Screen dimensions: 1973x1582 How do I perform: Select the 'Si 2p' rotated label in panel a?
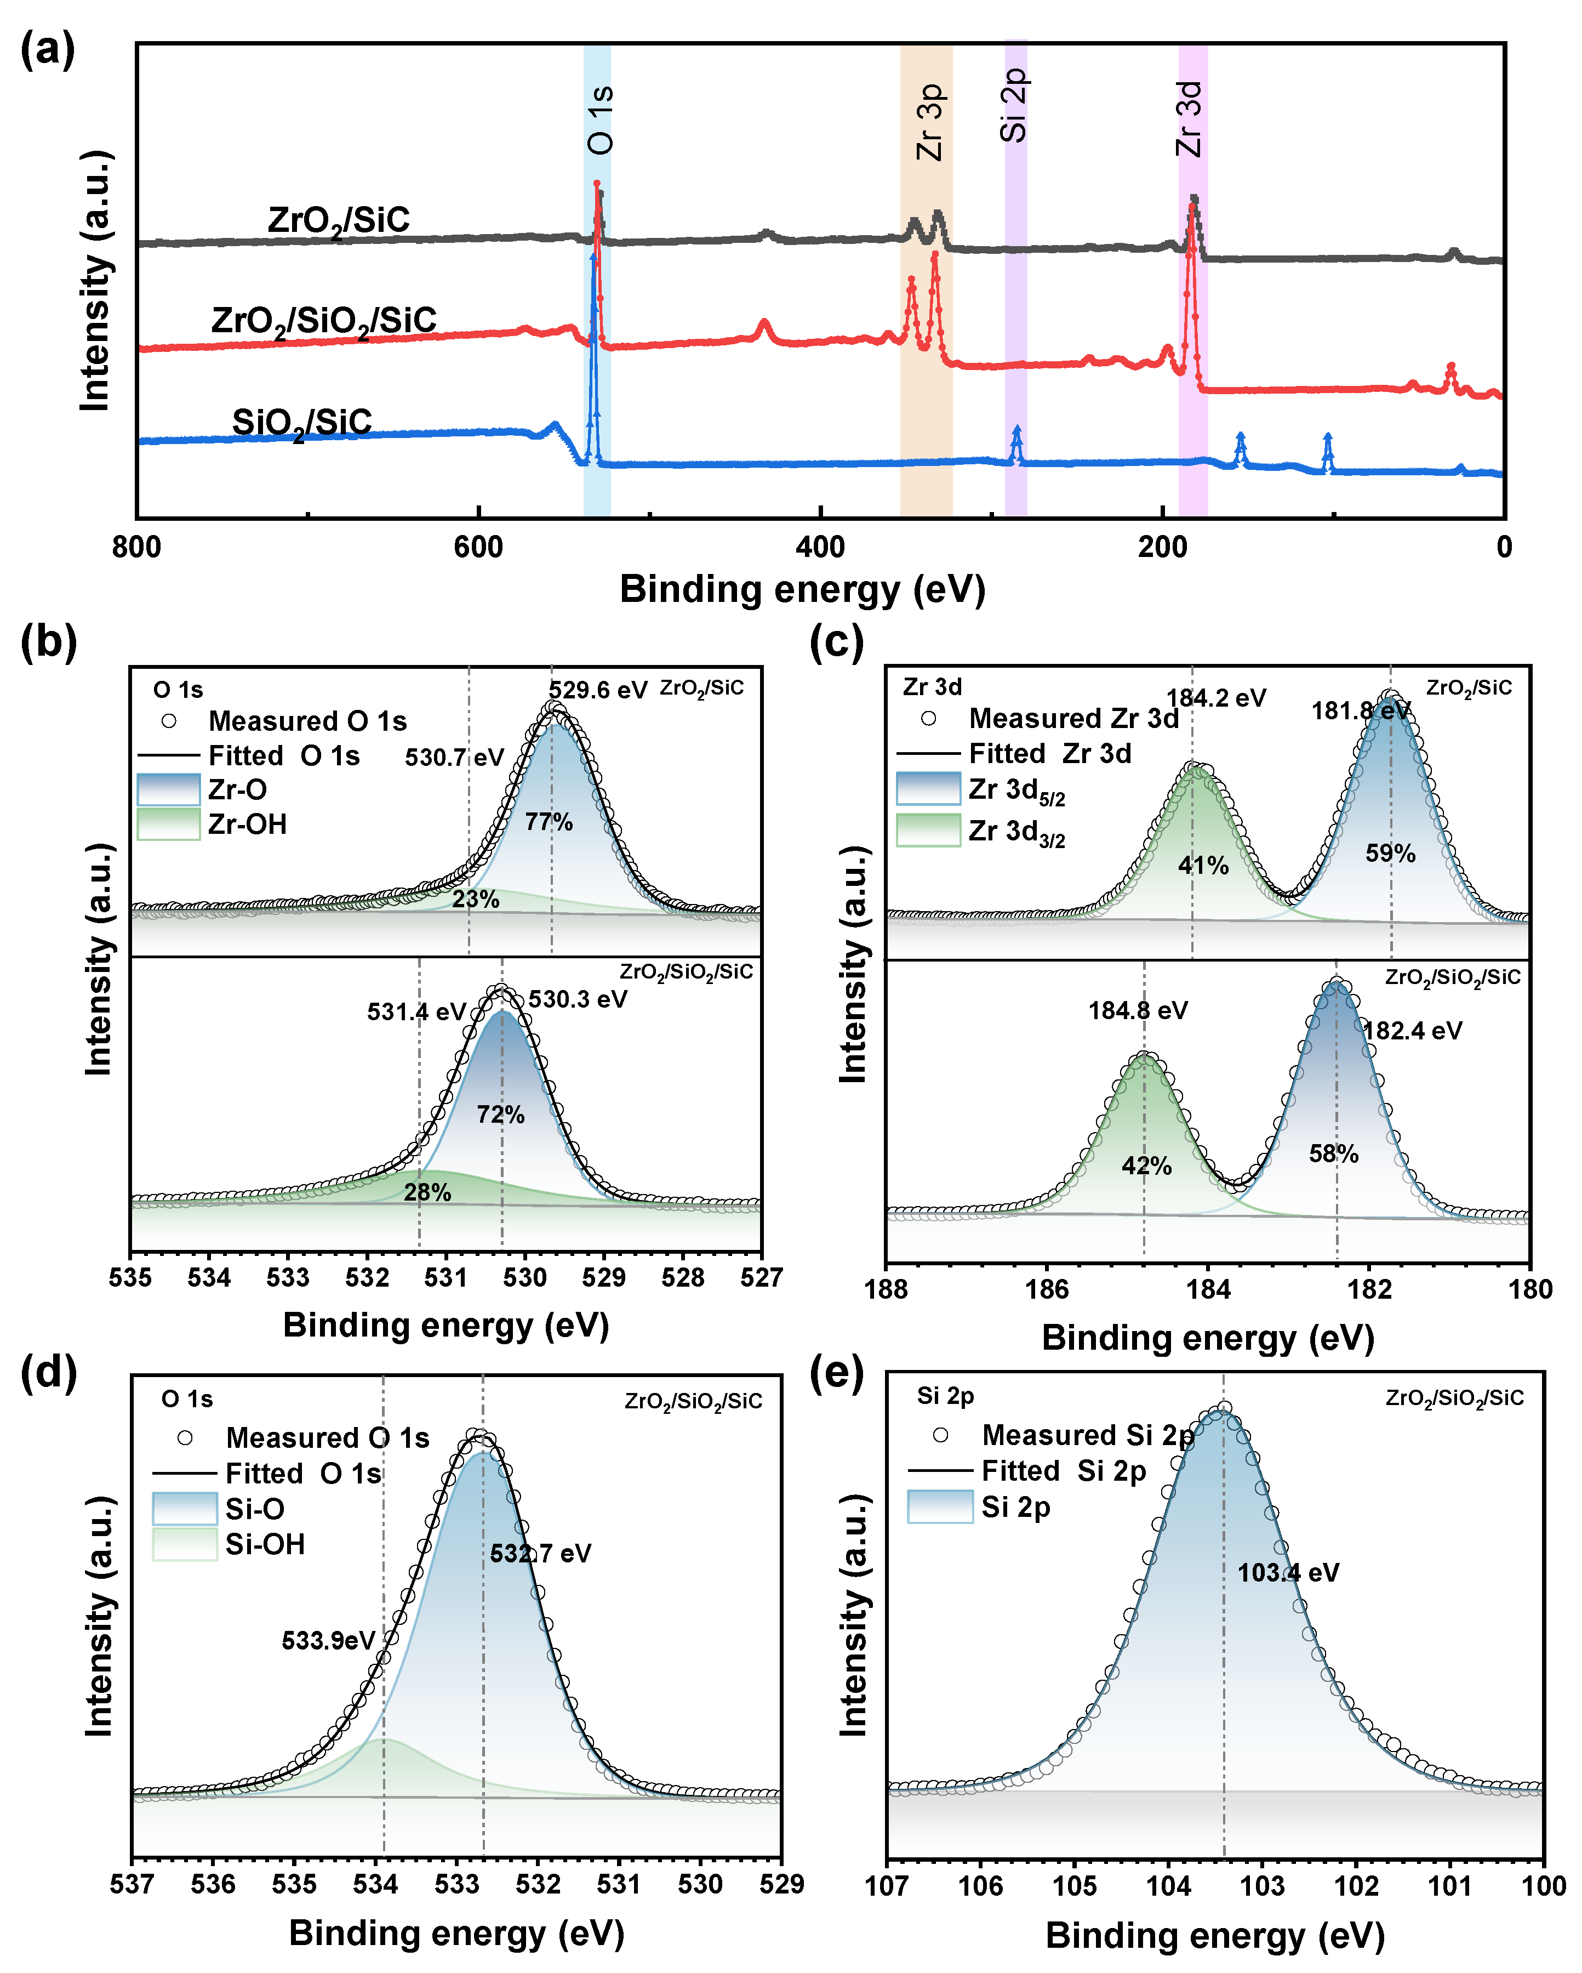[x=1014, y=105]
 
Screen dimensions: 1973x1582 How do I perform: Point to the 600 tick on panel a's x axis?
[x=478, y=547]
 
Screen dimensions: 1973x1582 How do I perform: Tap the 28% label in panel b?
[x=427, y=1191]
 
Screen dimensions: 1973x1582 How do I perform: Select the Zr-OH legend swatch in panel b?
[x=168, y=823]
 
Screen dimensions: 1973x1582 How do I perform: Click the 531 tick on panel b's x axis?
[x=446, y=1277]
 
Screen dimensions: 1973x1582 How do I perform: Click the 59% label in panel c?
[x=1390, y=853]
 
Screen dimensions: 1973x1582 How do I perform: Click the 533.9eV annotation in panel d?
[x=328, y=1640]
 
